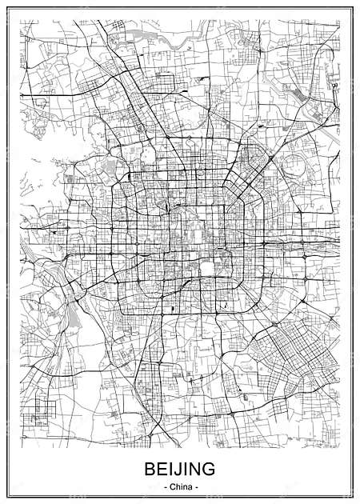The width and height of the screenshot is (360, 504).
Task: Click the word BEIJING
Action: tap(180, 468)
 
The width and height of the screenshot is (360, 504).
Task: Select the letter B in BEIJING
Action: tap(149, 468)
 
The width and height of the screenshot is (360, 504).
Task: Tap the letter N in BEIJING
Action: tap(197, 468)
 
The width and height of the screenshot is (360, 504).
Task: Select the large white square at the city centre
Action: tap(206, 267)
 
